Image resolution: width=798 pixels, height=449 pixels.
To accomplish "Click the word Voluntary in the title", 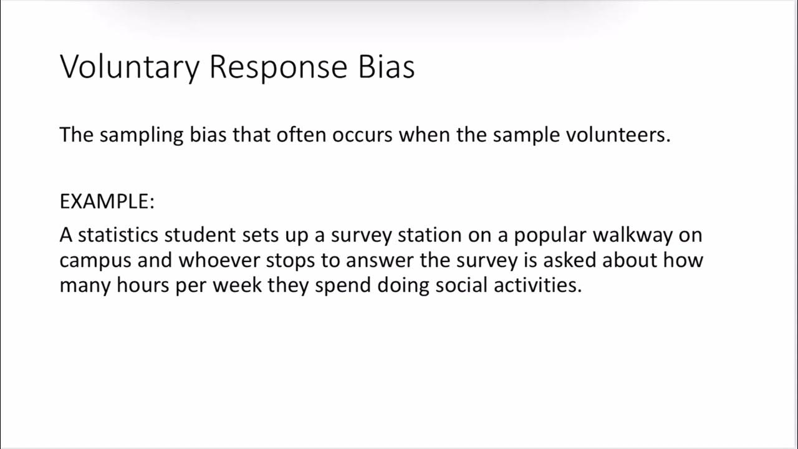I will click(x=129, y=67).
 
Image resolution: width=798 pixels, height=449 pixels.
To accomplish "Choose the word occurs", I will click(x=362, y=135).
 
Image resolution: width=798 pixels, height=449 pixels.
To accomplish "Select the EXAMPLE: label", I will click(x=107, y=202).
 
